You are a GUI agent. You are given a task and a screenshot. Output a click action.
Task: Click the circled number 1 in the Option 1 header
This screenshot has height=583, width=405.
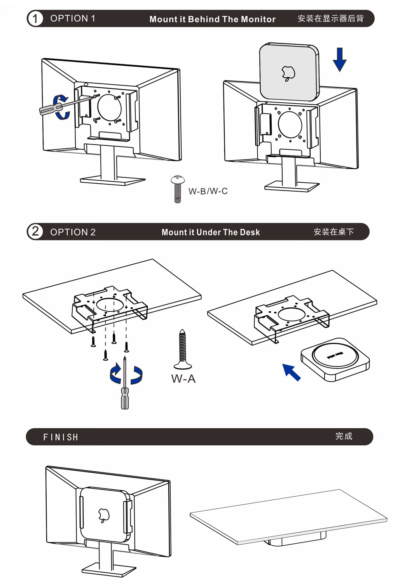point(35,19)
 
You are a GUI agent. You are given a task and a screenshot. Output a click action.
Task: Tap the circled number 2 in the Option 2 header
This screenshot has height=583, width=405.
point(35,232)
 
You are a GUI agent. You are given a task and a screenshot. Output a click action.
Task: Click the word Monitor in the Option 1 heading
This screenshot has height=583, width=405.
point(258,19)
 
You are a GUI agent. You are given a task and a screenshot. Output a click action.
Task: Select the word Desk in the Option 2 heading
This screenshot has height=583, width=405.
point(250,232)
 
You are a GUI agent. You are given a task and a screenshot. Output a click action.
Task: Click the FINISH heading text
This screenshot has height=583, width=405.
point(61,437)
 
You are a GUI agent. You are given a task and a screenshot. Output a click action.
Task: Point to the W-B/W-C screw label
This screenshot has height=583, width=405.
point(208,191)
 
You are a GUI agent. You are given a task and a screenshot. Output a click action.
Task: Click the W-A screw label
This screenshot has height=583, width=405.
point(183,379)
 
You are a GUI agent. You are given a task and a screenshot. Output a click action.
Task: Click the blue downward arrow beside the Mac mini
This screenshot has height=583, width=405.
point(340,59)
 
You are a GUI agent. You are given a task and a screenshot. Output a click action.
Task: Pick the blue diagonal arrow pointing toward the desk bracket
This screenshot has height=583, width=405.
point(291,372)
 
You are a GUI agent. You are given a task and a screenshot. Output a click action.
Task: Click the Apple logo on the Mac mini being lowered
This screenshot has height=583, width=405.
point(288,73)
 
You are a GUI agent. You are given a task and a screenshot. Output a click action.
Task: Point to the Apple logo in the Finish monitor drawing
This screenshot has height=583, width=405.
point(103,515)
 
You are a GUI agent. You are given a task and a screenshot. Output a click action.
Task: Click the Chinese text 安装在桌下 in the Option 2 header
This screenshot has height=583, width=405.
point(333,232)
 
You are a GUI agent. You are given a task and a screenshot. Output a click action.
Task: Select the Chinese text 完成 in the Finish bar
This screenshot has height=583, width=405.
point(344,436)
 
